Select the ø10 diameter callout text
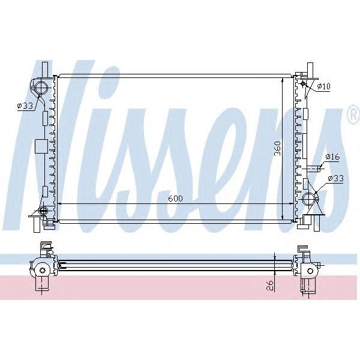coord(323,86)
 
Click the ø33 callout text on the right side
coord(335,178)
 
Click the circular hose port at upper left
coord(40,89)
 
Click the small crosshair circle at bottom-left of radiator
coord(43,211)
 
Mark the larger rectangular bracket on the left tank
coord(41,146)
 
